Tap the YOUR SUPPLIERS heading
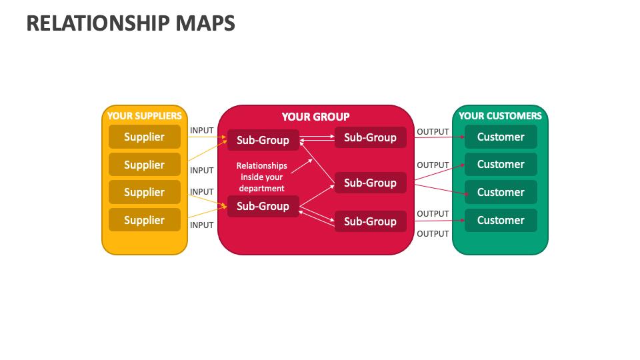144,116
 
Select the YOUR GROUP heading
315,117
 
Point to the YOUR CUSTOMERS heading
500,116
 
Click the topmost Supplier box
144,137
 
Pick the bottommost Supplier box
144,220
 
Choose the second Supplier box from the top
144,165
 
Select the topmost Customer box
501,137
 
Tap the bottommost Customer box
501,220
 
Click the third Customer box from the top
501,192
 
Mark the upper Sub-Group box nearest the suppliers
263,140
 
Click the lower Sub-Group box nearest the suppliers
263,206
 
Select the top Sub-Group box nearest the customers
370,137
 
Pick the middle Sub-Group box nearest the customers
370,183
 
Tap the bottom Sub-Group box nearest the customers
370,221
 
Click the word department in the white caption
262,188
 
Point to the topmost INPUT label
202,130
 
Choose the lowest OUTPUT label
433,234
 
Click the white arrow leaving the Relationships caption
301,166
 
